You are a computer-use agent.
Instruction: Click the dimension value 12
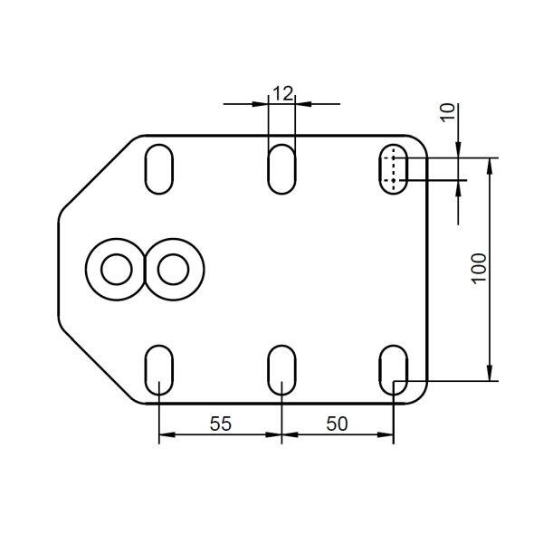283,93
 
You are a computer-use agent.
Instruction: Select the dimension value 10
448,112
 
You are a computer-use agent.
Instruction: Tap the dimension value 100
480,269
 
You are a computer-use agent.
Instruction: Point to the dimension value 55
221,424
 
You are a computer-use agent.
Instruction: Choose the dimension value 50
337,424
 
